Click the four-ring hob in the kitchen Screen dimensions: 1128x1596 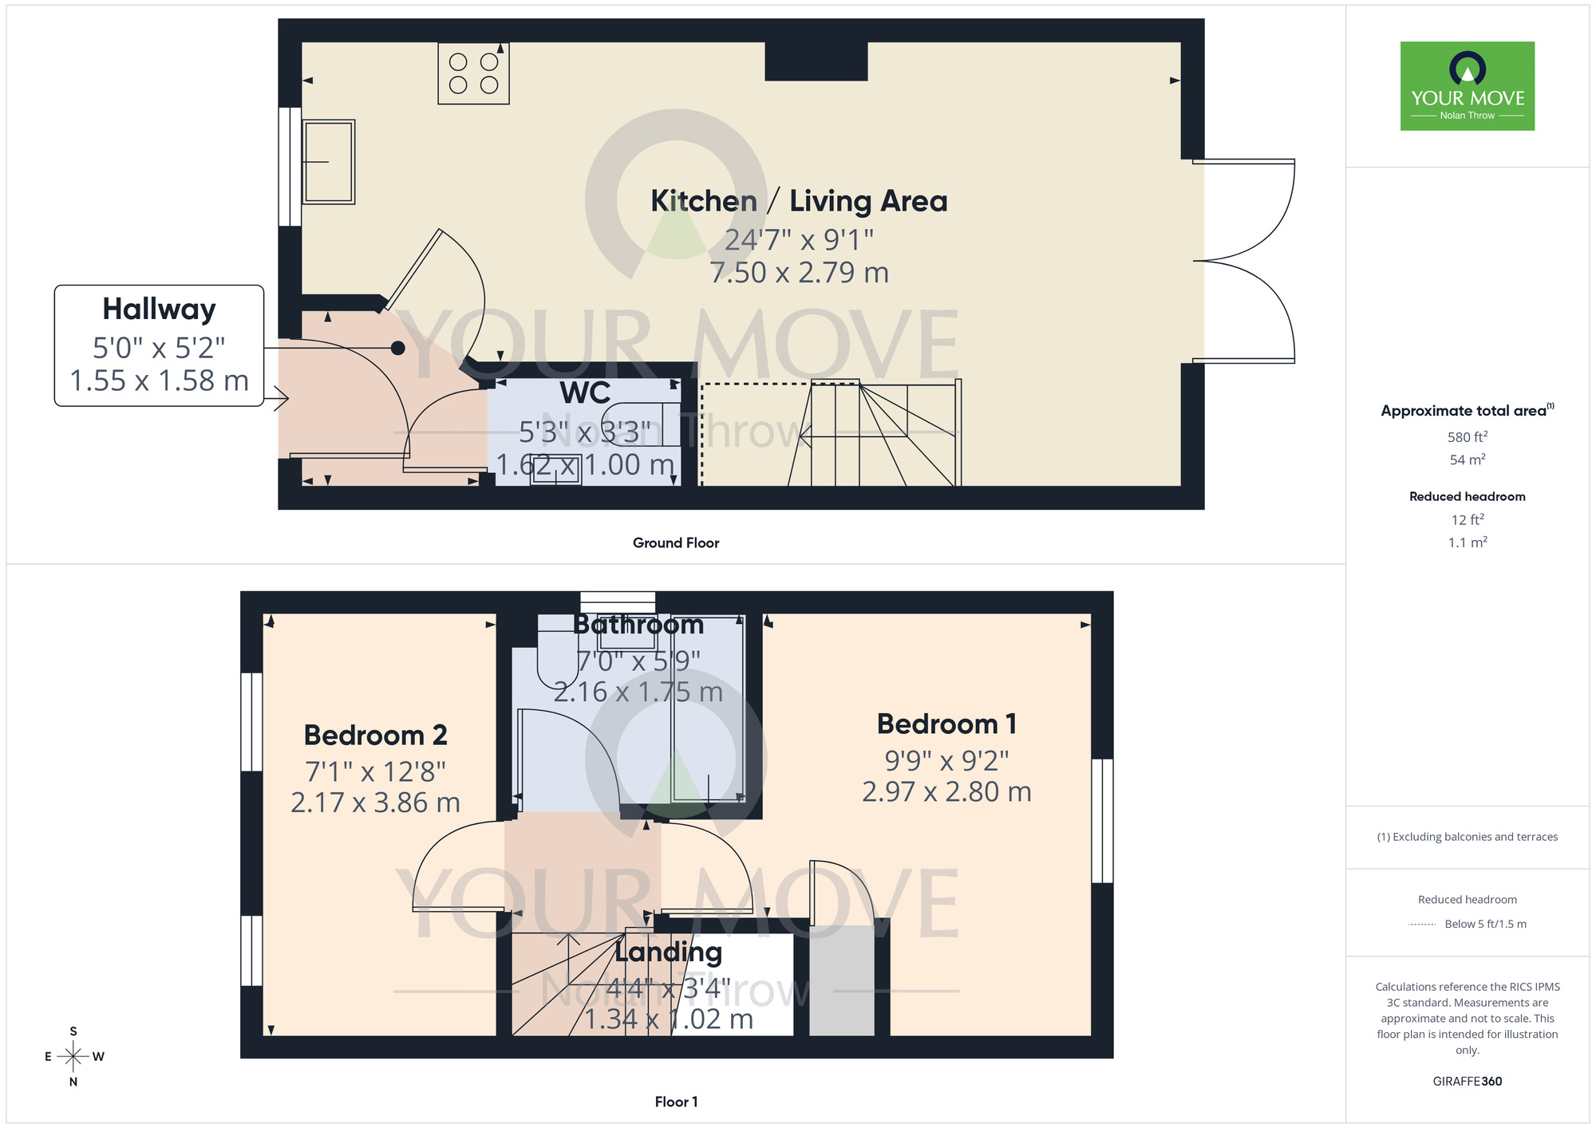(473, 73)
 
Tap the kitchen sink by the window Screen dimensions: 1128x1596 (328, 162)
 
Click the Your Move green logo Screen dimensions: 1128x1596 (1467, 86)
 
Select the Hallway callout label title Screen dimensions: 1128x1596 (159, 309)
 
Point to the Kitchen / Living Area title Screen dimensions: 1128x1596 (799, 201)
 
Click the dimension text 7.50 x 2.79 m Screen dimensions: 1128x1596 (799, 273)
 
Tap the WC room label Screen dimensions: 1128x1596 (585, 393)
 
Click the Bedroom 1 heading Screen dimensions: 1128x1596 (946, 724)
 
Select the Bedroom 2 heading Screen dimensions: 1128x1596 (375, 735)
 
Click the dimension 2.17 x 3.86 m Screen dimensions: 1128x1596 (375, 803)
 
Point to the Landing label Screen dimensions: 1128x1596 (668, 952)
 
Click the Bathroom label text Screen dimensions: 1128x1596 (638, 625)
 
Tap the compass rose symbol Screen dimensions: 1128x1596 (73, 1057)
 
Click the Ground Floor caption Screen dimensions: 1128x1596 (675, 543)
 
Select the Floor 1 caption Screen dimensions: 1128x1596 (675, 1102)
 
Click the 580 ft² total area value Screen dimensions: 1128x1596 (1467, 437)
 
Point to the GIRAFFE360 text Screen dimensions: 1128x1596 (1467, 1082)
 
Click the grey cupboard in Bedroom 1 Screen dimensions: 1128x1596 (842, 980)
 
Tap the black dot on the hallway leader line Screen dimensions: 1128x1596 (397, 348)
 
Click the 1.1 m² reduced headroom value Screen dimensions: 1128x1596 (1467, 542)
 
